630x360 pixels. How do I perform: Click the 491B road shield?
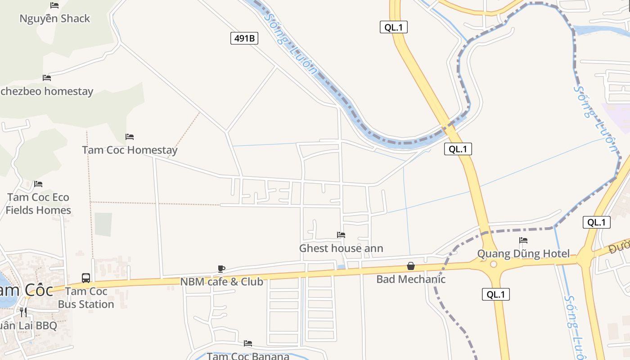[245, 38]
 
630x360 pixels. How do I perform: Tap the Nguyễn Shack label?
[54, 18]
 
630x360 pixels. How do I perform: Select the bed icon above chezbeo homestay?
[47, 77]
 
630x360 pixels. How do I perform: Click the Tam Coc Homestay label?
[130, 150]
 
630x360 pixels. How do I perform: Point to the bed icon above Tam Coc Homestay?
[130, 136]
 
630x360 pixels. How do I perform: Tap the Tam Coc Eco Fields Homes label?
[38, 203]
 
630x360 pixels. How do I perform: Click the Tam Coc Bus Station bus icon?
[86, 278]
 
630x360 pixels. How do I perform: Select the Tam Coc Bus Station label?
[86, 297]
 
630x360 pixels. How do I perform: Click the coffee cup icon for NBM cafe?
[221, 269]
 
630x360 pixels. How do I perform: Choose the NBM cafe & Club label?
[221, 282]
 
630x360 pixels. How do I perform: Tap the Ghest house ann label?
[341, 248]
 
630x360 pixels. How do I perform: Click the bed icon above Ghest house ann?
[341, 234]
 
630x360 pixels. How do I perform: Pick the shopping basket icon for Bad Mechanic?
[411, 266]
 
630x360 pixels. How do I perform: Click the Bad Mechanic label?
[411, 279]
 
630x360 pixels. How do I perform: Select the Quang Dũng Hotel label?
[523, 253]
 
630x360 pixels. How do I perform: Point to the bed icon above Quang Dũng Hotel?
[523, 240]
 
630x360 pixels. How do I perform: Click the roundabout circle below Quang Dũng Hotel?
[494, 264]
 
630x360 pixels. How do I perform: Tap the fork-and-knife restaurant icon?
[23, 312]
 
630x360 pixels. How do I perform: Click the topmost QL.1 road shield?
[393, 27]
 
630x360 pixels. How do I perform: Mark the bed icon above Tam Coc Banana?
[248, 343]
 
